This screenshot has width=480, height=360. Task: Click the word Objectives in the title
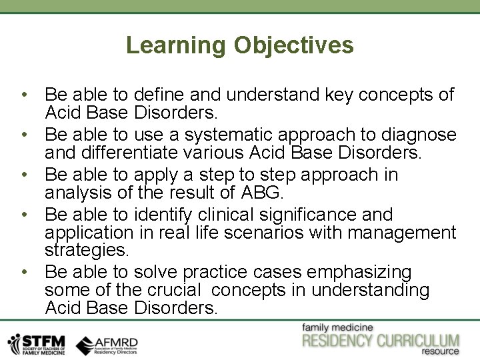tap(294, 45)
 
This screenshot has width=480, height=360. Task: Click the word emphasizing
tap(363, 273)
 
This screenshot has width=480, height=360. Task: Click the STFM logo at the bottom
tap(37, 343)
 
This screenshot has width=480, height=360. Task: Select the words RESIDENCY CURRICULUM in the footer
tap(381, 340)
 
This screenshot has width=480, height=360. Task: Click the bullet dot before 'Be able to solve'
tap(23, 273)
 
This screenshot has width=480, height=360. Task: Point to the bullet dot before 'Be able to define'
tap(23, 95)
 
